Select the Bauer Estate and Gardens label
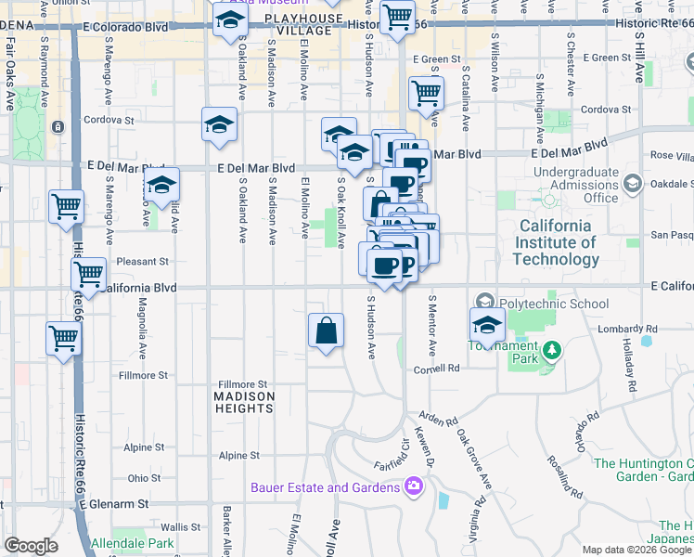[x=325, y=486]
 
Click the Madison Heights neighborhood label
[x=245, y=403]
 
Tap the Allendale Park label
[x=133, y=542]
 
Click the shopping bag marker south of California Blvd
[x=326, y=331]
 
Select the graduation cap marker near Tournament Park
[x=486, y=326]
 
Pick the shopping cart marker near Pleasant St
[x=88, y=275]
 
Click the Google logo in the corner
[x=31, y=546]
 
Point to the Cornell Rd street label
[x=436, y=369]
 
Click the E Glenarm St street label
[x=114, y=504]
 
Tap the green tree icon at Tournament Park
[x=552, y=350]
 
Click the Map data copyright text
[x=636, y=550]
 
